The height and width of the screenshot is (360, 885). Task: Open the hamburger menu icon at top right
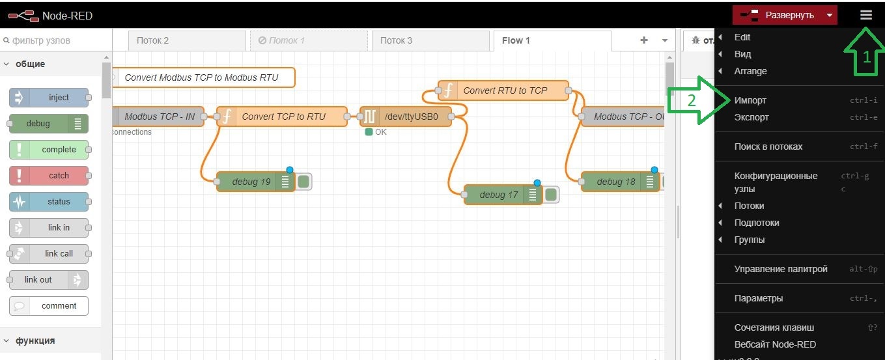click(x=865, y=15)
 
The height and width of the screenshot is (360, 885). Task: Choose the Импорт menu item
click(x=750, y=100)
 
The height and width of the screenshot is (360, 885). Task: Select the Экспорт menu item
click(x=752, y=117)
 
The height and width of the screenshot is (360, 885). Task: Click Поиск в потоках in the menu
click(x=768, y=146)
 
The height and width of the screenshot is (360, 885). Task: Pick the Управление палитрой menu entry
click(x=781, y=269)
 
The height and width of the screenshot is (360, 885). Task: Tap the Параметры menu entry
click(x=759, y=298)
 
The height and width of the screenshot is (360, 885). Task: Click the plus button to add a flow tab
click(x=644, y=40)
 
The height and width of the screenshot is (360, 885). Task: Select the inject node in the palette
click(x=49, y=98)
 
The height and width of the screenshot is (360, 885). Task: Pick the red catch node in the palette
click(x=49, y=176)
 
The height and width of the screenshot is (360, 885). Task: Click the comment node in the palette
click(x=49, y=306)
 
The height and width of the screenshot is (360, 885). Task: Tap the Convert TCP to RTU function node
click(x=282, y=117)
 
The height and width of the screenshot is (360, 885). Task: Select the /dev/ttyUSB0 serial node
click(x=406, y=117)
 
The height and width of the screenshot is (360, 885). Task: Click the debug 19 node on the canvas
click(x=256, y=182)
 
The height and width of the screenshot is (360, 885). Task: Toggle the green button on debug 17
click(x=551, y=195)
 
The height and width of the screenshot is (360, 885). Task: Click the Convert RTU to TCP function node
click(x=503, y=90)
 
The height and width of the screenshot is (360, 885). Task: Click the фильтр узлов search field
click(x=56, y=40)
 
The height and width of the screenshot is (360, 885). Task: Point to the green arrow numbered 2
click(x=699, y=100)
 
